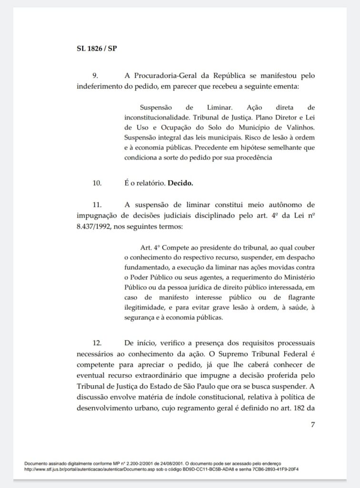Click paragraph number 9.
(95, 76)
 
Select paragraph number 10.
(97, 182)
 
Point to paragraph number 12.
(97, 343)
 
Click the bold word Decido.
(180, 182)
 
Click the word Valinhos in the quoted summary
(299, 128)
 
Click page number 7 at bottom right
(313, 425)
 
